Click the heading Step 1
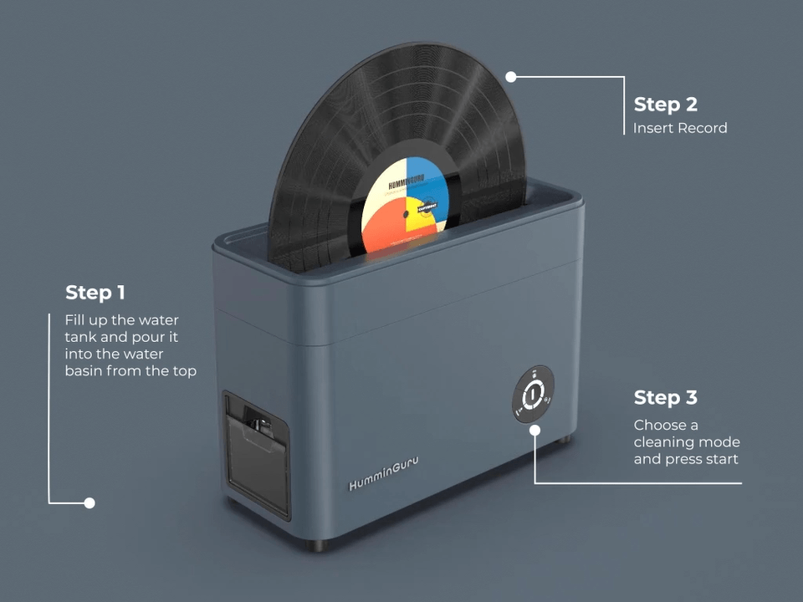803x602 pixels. pos(95,293)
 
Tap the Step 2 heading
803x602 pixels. pos(665,105)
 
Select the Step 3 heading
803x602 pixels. pos(665,397)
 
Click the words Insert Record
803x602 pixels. pos(680,128)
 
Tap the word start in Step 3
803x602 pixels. pos(721,459)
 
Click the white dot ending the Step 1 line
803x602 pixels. pos(90,503)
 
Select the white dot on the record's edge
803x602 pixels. pos(511,76)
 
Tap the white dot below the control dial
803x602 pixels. pos(534,429)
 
